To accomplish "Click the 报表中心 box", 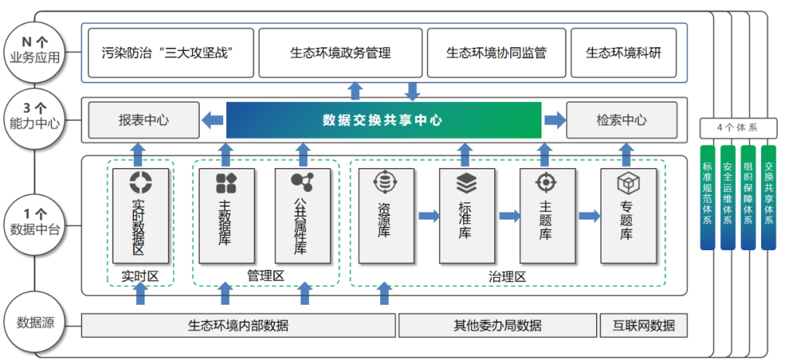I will pos(143,120).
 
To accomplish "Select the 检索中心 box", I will pos(621,120).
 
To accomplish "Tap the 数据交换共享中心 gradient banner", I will pos(383,120).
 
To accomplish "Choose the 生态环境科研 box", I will pos(624,52).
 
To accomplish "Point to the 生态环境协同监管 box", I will pos(496,52).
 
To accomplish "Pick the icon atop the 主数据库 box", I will pos(226,183).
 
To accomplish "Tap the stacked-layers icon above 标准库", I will pos(466,181).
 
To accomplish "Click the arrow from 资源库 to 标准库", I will pos(430,216).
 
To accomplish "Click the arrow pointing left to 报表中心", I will pos(213,120).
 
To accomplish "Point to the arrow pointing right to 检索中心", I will pos(555,120).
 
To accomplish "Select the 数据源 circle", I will pos(35,322).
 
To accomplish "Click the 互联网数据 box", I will pos(643,325).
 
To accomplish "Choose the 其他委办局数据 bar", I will pos(497,325).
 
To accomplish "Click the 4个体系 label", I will pos(737,128).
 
